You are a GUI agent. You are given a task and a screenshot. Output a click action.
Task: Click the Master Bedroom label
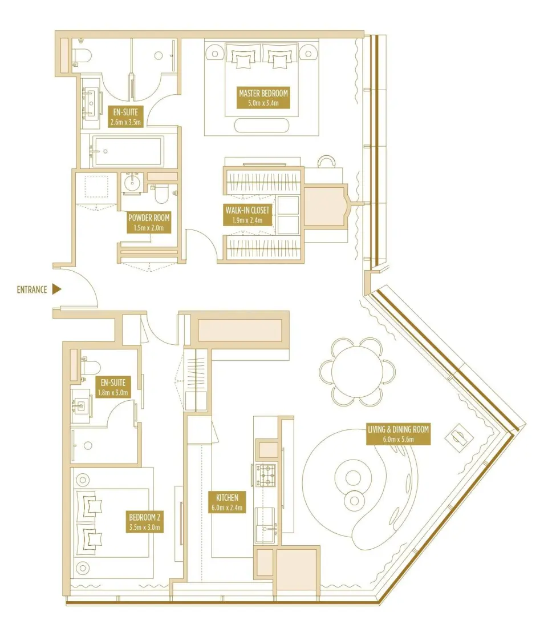263,98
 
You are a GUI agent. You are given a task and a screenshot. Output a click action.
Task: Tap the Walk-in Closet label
247,214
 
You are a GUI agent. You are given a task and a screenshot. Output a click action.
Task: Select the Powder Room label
149,222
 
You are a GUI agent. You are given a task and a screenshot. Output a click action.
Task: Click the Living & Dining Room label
397,434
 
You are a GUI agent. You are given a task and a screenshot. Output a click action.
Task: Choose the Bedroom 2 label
145,521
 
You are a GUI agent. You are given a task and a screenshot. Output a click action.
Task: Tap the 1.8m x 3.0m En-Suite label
113,387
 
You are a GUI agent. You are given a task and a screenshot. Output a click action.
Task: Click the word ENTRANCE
32,289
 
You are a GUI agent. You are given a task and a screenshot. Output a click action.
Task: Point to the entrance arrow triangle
56,289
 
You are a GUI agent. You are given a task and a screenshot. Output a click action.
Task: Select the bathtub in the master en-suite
128,151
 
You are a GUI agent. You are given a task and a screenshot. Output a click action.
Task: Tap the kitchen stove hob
267,474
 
